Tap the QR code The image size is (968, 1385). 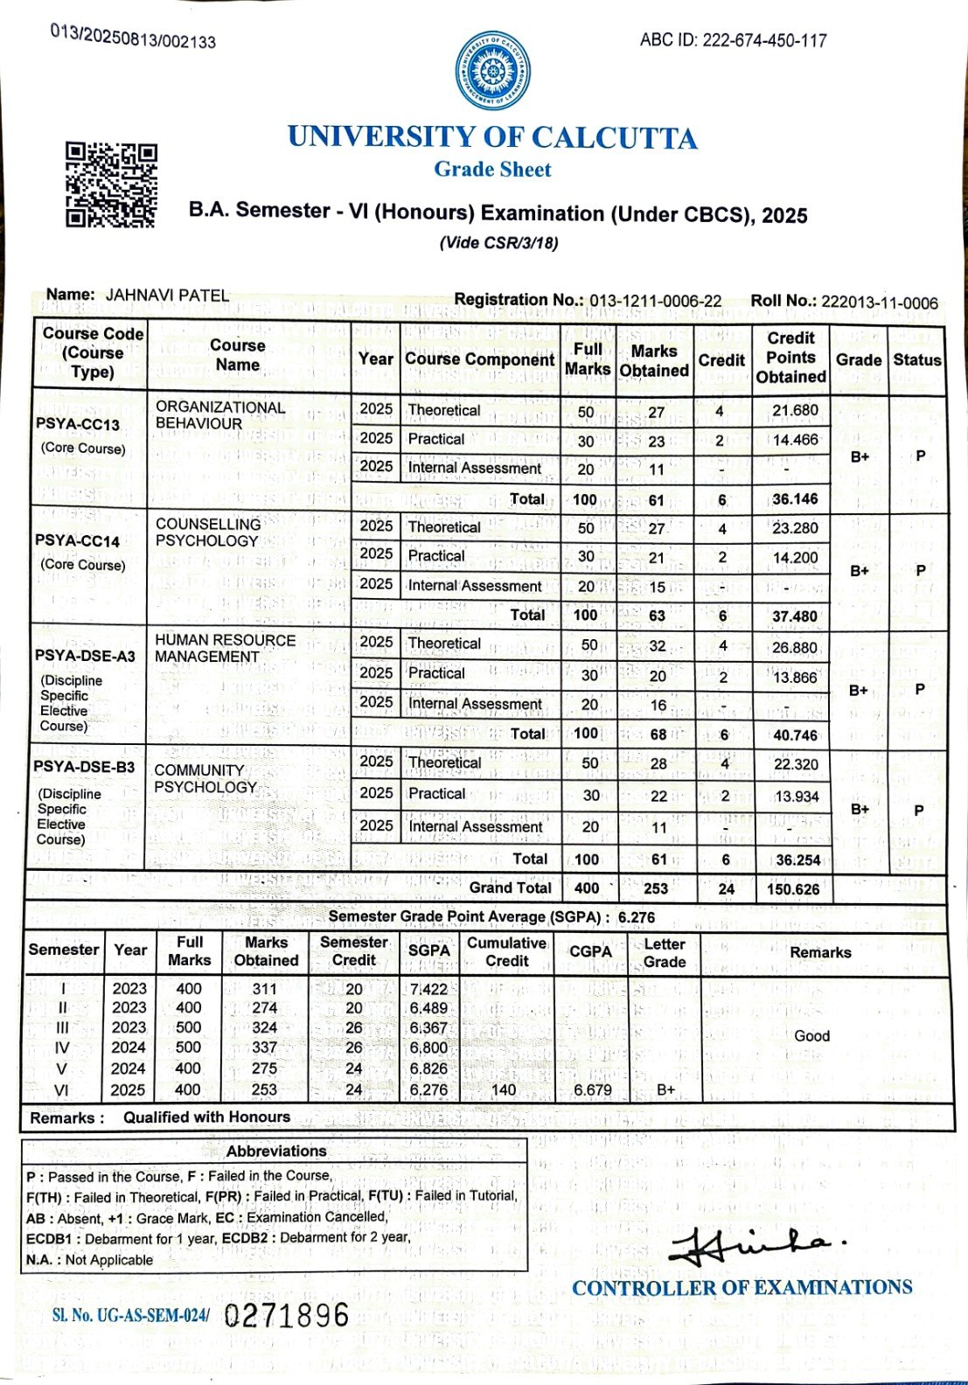coord(111,185)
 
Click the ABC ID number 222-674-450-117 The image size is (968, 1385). coord(764,40)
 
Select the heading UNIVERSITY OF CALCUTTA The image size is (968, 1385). coord(492,138)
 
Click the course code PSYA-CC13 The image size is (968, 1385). coord(78,424)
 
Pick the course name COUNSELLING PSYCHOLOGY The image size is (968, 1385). coord(208,532)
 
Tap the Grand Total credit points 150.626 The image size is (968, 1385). coord(793,889)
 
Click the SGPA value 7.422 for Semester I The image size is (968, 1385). coord(428,989)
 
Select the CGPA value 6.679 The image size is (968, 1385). coord(593,1090)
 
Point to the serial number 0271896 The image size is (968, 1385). coord(287,1315)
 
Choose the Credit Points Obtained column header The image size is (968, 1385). coord(790,358)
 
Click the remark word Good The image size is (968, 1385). coord(811,1036)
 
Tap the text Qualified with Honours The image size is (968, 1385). coord(206,1117)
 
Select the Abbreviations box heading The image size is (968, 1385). coord(276,1152)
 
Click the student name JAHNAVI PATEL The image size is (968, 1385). coord(167,296)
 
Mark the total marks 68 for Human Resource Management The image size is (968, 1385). coord(658,734)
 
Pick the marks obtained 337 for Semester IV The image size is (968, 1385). coord(264,1047)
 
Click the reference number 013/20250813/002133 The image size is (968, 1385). coord(133,37)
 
